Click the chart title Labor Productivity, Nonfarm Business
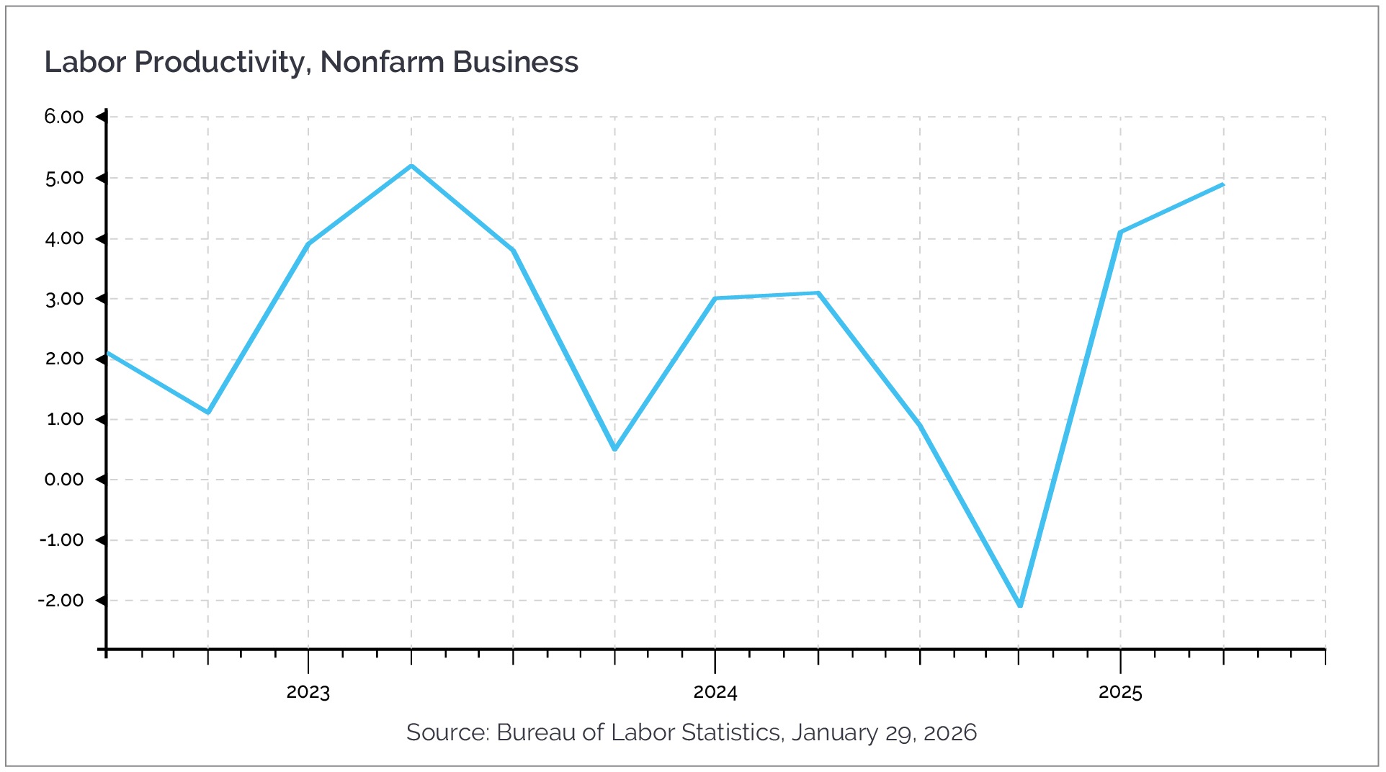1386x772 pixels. click(x=311, y=63)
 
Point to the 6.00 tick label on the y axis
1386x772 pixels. click(x=64, y=117)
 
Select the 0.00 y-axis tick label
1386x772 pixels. click(x=64, y=480)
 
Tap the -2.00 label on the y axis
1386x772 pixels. click(x=61, y=601)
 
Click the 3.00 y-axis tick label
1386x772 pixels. click(x=64, y=299)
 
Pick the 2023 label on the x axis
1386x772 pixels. click(x=308, y=692)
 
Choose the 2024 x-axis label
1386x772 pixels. click(x=715, y=692)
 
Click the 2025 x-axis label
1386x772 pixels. click(x=1120, y=692)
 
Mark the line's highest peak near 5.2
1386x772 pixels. click(x=411, y=166)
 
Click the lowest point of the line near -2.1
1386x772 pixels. click(x=1020, y=606)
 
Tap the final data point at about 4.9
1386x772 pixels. click(x=1222, y=184)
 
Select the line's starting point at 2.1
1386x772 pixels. click(x=107, y=353)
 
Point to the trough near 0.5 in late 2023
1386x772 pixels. click(x=614, y=449)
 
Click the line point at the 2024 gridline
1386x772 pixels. click(x=715, y=298)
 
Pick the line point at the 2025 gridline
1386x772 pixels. click(x=1120, y=232)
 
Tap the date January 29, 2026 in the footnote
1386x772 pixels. click(x=884, y=732)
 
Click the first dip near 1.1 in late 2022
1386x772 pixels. click(x=208, y=413)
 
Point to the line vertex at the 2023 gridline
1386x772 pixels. click(x=308, y=244)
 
